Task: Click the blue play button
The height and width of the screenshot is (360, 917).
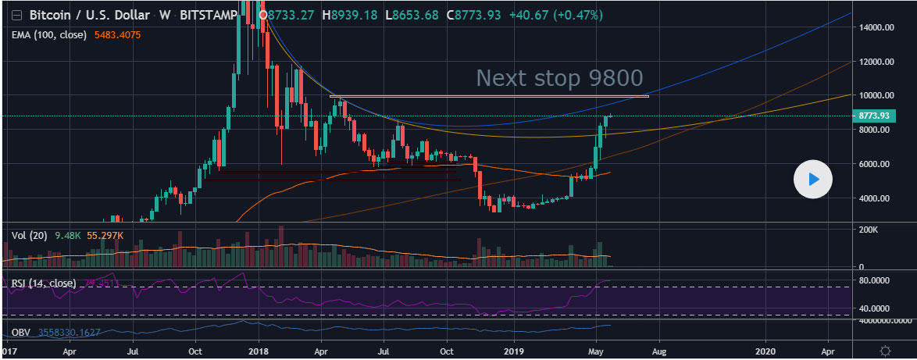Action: [813, 180]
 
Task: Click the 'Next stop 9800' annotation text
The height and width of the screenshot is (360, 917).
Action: [559, 78]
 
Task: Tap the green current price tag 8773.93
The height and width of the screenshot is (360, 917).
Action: [872, 116]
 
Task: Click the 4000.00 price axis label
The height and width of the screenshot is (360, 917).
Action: [875, 198]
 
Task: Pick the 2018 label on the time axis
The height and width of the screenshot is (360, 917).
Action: [258, 351]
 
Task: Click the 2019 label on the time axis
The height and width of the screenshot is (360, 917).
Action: [513, 351]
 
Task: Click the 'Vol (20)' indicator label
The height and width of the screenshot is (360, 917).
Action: [29, 234]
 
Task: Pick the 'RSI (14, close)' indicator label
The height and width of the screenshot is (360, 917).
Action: [43, 283]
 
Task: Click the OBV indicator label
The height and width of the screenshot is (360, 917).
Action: [22, 333]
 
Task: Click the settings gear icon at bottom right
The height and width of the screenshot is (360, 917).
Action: [884, 351]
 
